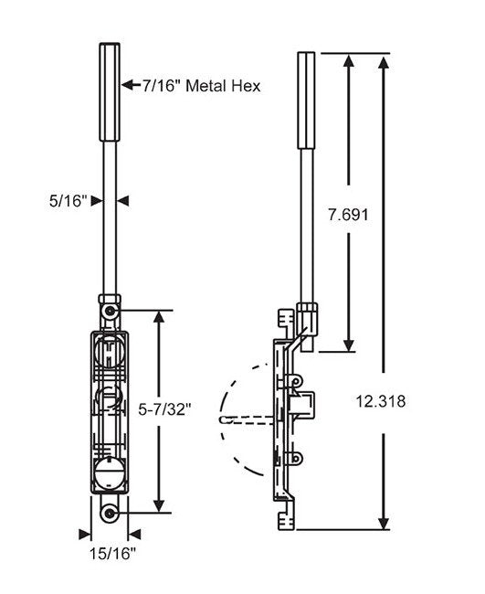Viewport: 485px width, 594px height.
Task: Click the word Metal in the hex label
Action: click(209, 86)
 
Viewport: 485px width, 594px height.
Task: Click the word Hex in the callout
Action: click(248, 86)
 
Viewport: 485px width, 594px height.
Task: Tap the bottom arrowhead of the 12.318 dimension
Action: click(384, 522)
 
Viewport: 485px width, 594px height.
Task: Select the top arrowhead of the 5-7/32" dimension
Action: click(161, 317)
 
